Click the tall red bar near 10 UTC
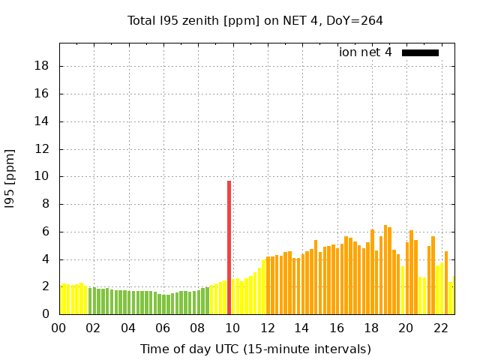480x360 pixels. (x=229, y=247)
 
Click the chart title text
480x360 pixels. (x=255, y=21)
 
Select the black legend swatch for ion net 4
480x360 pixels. (x=420, y=52)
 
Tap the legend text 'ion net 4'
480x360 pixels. (x=365, y=52)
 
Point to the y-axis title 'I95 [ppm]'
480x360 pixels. (x=10, y=179)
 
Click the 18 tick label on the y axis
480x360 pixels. (x=42, y=66)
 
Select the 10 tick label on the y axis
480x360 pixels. (x=42, y=177)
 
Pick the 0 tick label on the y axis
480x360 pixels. (x=45, y=315)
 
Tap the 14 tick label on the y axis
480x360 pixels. (x=42, y=121)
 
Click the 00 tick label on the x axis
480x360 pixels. (x=58, y=328)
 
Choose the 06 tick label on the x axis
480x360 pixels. (x=163, y=328)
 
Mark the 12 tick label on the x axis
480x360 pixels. (x=267, y=328)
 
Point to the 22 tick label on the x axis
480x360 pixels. (x=440, y=328)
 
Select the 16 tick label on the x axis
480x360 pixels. (x=336, y=328)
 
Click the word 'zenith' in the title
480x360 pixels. (x=198, y=21)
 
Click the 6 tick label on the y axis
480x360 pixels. (x=45, y=232)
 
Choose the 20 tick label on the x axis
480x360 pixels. (x=406, y=328)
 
